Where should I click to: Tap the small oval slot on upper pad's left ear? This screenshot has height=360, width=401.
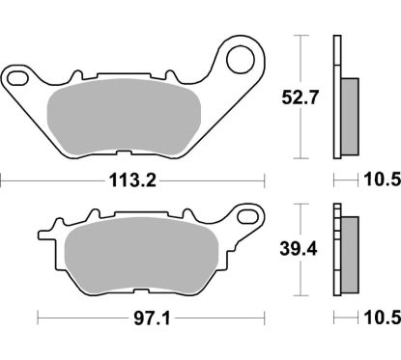[x=18, y=74]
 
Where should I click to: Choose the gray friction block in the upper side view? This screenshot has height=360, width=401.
[x=350, y=114]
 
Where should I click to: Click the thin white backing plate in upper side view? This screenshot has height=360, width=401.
[x=336, y=97]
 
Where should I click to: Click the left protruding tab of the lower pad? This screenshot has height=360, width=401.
[x=44, y=235]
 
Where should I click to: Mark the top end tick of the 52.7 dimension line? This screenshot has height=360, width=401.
[x=302, y=36]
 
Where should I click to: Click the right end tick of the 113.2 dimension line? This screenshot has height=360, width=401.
[x=263, y=180]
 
